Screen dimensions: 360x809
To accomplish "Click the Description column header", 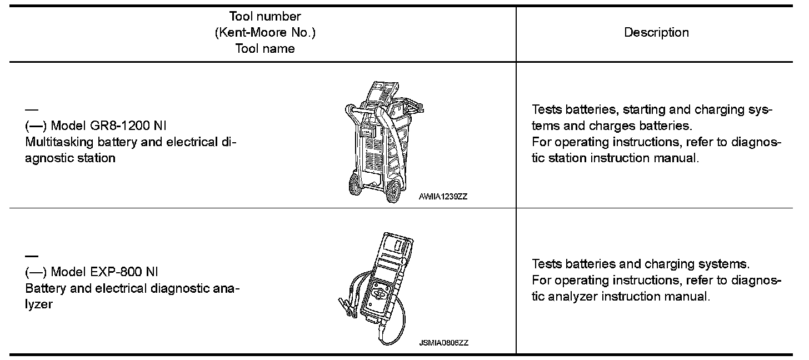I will click(x=656, y=32).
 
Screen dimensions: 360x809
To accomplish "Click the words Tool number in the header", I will click(x=265, y=17).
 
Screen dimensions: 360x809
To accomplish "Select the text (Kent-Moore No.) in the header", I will click(x=265, y=32).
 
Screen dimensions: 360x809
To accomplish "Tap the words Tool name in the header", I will click(x=265, y=48).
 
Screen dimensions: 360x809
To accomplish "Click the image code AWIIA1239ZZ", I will click(x=443, y=196).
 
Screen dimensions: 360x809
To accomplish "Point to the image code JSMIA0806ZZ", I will click(x=443, y=343).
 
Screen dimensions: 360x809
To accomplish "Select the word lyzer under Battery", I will click(x=39, y=304).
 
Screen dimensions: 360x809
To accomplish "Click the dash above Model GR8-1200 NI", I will click(x=32, y=109).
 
